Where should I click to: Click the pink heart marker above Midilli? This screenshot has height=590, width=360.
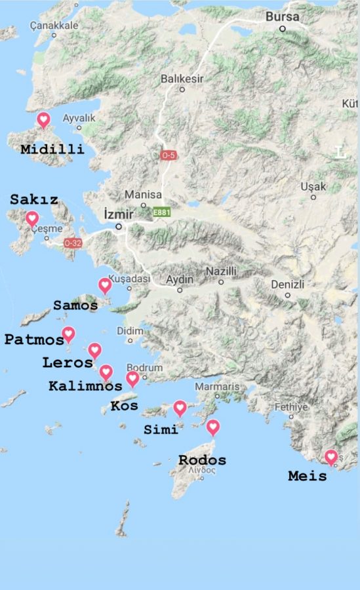click(x=43, y=119)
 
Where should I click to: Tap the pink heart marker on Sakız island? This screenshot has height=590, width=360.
click(x=31, y=219)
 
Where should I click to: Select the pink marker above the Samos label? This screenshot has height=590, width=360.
click(x=105, y=285)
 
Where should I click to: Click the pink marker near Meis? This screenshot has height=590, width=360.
click(x=331, y=456)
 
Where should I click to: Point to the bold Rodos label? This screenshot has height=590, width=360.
click(x=202, y=460)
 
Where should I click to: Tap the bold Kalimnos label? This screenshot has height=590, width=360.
click(x=85, y=386)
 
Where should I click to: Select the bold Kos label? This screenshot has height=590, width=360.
click(x=124, y=406)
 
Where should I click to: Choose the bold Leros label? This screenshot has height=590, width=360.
click(x=68, y=363)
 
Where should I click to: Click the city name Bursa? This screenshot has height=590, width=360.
click(x=283, y=17)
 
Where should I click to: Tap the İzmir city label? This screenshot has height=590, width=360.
click(x=119, y=214)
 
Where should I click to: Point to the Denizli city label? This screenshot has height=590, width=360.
click(x=288, y=285)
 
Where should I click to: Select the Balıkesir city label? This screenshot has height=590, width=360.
click(x=182, y=79)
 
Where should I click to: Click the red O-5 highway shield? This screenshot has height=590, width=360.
click(x=169, y=155)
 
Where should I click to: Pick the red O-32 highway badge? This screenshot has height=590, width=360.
click(x=73, y=243)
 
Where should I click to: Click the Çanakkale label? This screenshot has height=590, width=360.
click(x=54, y=26)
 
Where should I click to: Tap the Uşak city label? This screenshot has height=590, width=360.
click(x=313, y=187)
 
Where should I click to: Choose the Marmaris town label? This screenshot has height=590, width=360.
click(x=217, y=387)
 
